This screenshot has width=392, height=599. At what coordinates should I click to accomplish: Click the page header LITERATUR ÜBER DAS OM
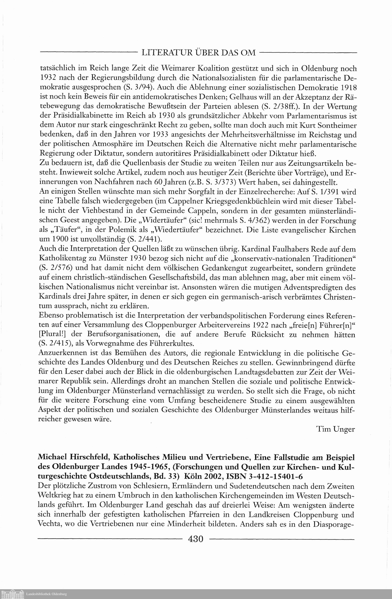pos(199,53)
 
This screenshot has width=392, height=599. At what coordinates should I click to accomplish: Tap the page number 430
pos(196,539)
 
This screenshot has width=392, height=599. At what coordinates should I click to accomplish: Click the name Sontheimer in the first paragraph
pos(336,125)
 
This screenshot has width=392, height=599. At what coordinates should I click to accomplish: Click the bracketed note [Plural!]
pos(54,335)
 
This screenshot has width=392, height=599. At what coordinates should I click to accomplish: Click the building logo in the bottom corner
pos(13,594)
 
